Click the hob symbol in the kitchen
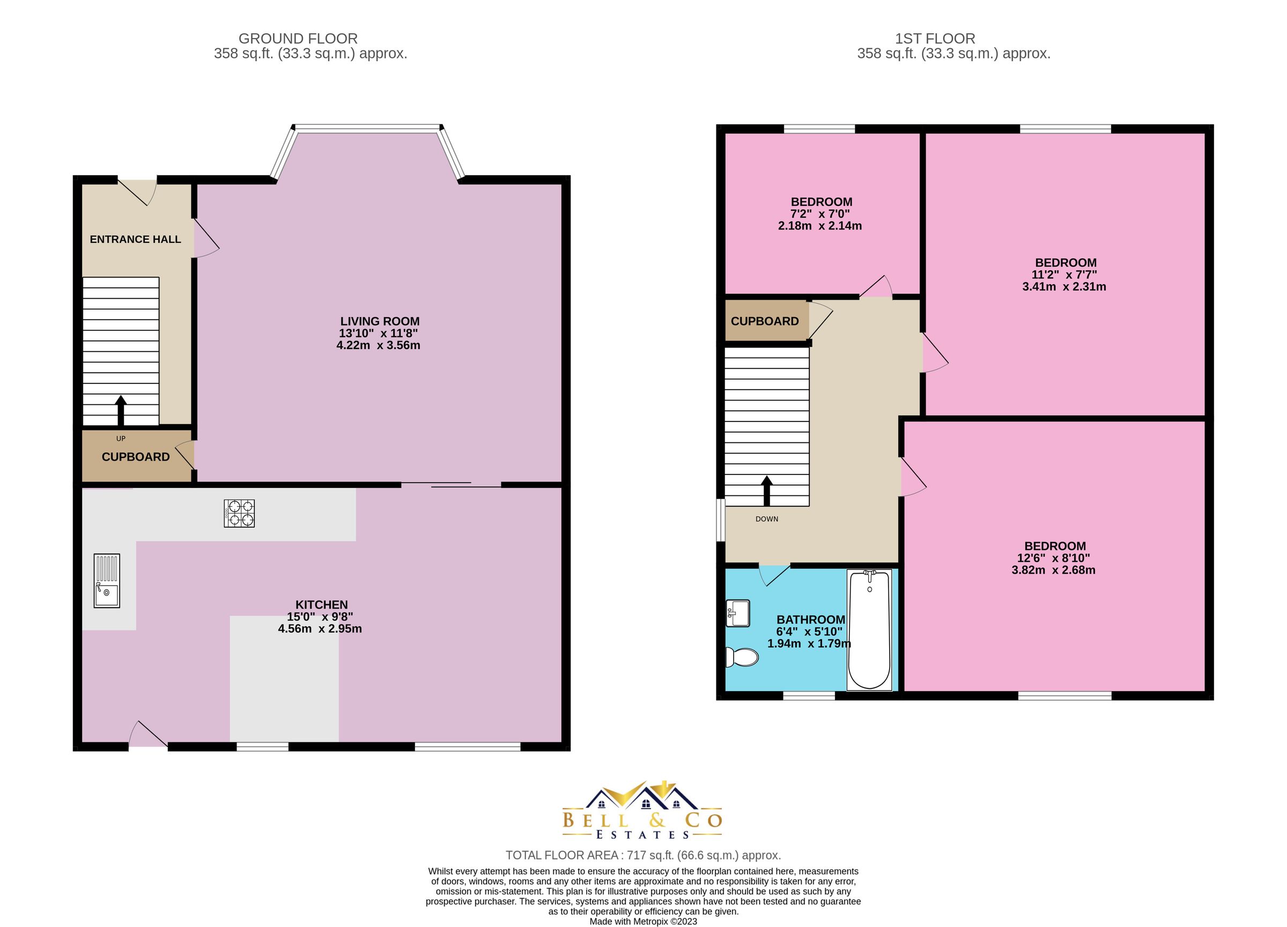pos(239,514)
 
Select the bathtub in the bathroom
pos(869,630)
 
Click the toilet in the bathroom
pos(742,658)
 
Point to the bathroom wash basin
pos(738,613)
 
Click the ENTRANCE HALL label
pos(135,240)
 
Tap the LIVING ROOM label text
pos(380,321)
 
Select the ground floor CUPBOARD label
pos(136,457)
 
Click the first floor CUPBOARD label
pos(764,321)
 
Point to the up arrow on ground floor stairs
pos(120,410)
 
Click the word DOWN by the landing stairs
pos(767,519)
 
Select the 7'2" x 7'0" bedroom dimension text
pos(820,214)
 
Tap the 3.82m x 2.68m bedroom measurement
pos(1053,570)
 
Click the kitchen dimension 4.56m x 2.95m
pos(320,628)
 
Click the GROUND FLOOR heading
pos(298,39)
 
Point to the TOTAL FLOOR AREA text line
pos(643,855)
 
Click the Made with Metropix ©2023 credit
pos(643,921)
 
